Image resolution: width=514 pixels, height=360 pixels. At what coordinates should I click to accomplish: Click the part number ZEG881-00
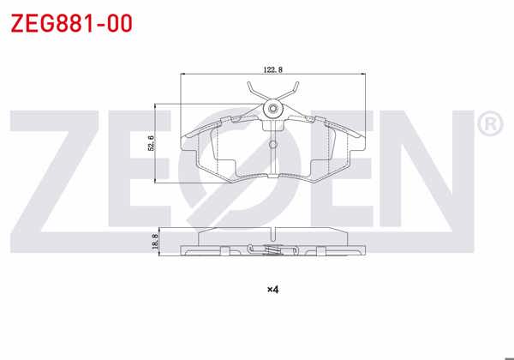(x=70, y=23)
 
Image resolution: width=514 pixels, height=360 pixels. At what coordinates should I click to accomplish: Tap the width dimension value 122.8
(x=273, y=69)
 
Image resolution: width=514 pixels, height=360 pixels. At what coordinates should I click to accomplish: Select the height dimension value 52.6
(x=150, y=143)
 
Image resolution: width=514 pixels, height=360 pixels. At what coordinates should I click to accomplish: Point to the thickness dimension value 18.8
(x=154, y=243)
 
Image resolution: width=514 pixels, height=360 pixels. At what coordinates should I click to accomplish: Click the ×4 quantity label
(x=273, y=289)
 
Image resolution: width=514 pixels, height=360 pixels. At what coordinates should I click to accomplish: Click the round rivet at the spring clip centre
(x=272, y=109)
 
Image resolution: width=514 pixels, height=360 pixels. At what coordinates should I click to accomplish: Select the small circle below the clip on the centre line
(x=272, y=144)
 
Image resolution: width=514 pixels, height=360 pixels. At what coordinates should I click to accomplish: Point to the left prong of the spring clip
(x=250, y=88)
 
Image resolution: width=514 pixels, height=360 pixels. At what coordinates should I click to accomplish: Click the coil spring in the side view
(x=272, y=250)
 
